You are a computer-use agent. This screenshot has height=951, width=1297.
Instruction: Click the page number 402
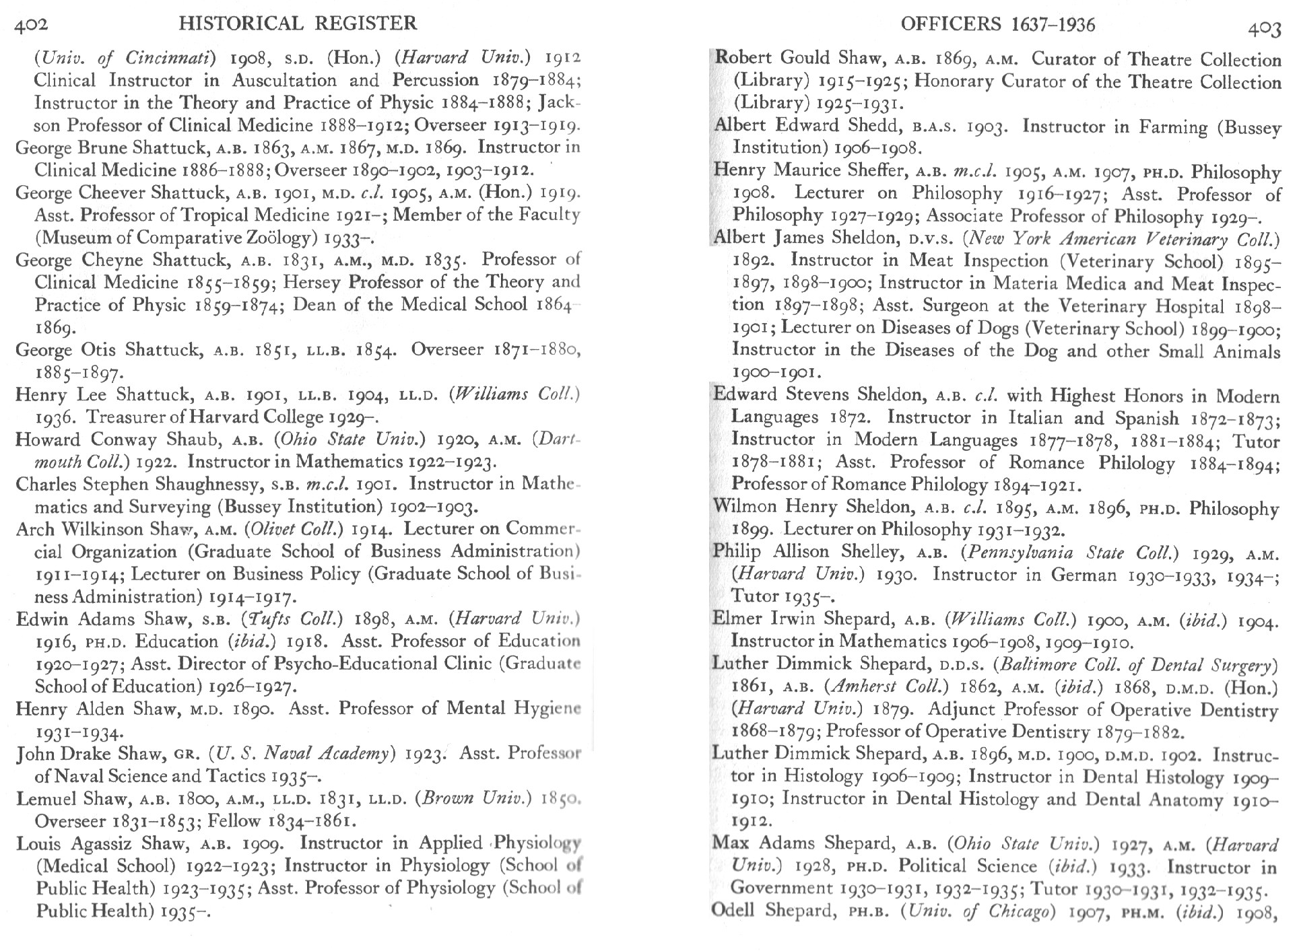pyautogui.click(x=31, y=26)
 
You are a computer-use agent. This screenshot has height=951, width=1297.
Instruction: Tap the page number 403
pyautogui.click(x=1263, y=28)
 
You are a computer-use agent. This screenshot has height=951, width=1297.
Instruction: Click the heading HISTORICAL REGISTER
pyautogui.click(x=298, y=24)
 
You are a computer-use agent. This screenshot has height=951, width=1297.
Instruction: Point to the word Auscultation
pyautogui.click(x=284, y=80)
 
